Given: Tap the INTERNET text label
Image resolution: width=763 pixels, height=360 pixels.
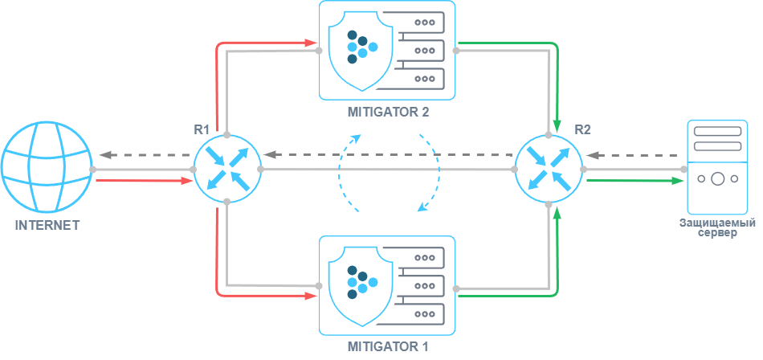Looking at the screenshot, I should pos(47,226).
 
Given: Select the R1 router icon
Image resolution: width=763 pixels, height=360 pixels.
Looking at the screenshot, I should pos(227,169).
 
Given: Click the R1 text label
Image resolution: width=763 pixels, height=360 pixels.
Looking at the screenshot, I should pos(202,129).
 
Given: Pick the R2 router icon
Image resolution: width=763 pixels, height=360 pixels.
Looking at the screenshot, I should pos(549,169).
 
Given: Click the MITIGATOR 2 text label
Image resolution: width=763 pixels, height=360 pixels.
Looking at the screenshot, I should pos(387,112).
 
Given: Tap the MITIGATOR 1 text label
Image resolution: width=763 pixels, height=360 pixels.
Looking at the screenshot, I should pos(387,347).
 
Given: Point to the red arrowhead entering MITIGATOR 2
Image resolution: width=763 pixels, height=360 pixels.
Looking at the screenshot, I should pos(312,40).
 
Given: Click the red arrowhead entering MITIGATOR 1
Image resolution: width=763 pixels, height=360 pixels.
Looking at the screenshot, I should pos(312,296).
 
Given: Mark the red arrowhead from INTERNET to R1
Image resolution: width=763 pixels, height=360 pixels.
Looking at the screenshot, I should pos(187,181).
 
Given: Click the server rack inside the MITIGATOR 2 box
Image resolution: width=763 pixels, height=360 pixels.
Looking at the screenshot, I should pos(419,50).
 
